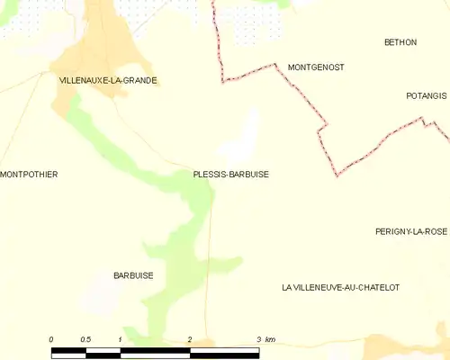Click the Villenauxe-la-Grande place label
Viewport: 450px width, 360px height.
(x=107, y=80)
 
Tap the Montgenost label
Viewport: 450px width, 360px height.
(x=315, y=67)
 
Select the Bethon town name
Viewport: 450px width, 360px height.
(x=400, y=42)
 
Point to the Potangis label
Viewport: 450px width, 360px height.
(x=425, y=94)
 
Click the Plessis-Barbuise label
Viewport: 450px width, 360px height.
(x=230, y=174)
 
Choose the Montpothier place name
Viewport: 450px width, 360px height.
(x=29, y=174)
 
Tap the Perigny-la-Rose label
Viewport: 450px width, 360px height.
(x=411, y=231)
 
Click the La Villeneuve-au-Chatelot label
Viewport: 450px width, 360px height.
(x=340, y=287)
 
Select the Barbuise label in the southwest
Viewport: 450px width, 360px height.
(x=133, y=275)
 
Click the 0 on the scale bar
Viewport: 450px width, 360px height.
(x=51, y=339)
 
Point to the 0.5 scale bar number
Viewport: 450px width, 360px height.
(x=85, y=339)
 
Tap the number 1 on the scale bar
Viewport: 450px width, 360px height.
(x=120, y=339)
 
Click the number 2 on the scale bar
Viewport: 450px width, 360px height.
(x=190, y=339)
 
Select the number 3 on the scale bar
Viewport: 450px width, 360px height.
(x=258, y=339)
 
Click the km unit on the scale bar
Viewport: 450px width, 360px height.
(x=270, y=339)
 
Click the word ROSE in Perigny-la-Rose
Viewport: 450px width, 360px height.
(x=436, y=231)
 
